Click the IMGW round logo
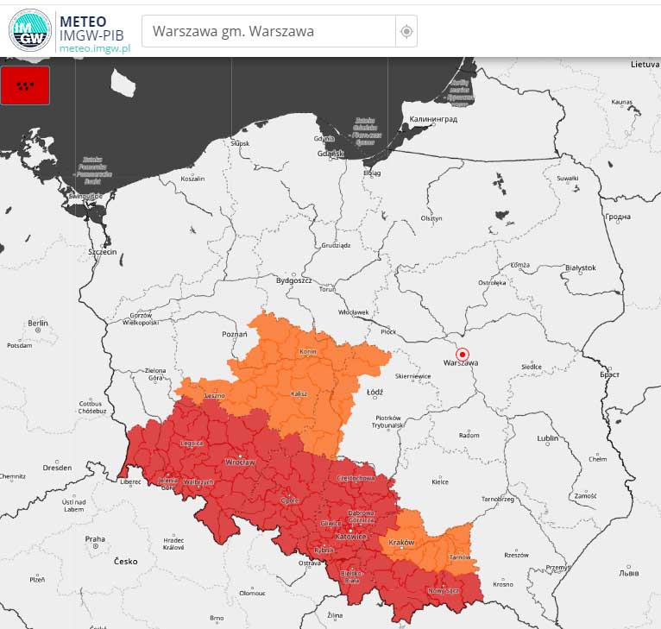tap(30, 30)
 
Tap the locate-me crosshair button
tap(406, 32)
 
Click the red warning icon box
tap(25, 85)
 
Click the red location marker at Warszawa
tap(462, 354)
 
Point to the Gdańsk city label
tap(330, 154)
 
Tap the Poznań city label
tap(235, 334)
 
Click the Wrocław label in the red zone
tap(239, 462)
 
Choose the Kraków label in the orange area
tap(402, 542)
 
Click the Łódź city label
tap(375, 392)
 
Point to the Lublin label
tap(547, 438)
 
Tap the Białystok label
tap(580, 267)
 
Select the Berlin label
tap(37, 323)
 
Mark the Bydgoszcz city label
tap(293, 280)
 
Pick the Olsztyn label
tap(431, 218)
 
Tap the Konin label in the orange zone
tap(308, 352)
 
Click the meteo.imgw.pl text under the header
tap(95, 48)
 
